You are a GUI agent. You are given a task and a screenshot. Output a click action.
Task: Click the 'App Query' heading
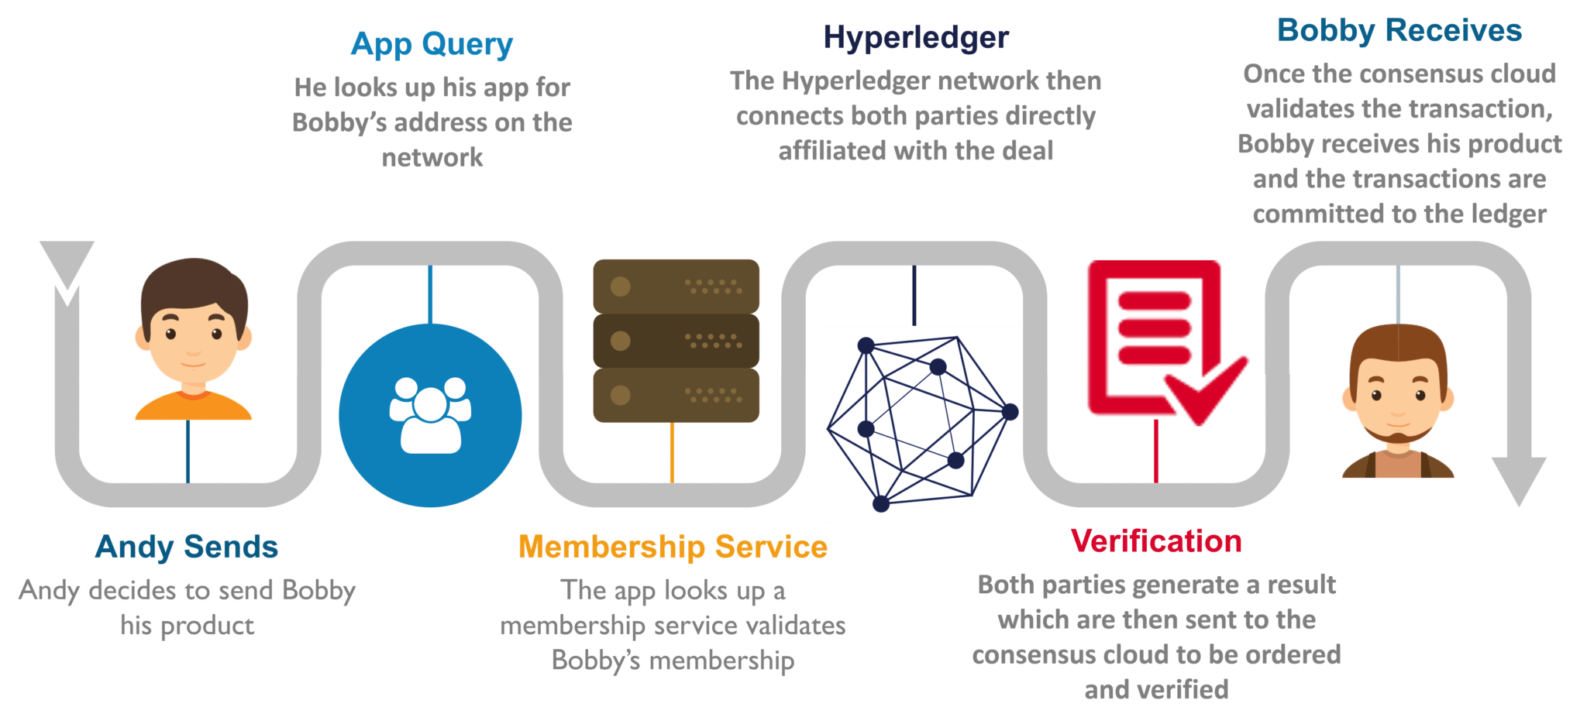coord(432,45)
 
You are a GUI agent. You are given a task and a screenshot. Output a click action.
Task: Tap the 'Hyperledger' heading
coord(915,38)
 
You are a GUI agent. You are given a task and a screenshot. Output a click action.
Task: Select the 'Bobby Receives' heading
coord(1399,31)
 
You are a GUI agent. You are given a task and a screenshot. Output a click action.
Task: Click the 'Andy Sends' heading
coord(187,547)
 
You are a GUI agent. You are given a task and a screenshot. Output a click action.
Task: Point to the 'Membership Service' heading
coord(673,547)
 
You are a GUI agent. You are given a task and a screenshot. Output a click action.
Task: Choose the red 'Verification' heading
coord(1155,541)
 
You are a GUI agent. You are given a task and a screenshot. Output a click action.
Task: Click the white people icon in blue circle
coord(430,414)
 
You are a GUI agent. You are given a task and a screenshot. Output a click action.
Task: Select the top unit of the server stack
coord(676,286)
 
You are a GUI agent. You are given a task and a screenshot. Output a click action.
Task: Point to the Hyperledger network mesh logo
coord(921,423)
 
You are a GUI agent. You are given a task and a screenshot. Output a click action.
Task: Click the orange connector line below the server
coord(672,452)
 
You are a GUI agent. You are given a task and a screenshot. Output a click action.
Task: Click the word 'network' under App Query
coord(432,158)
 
